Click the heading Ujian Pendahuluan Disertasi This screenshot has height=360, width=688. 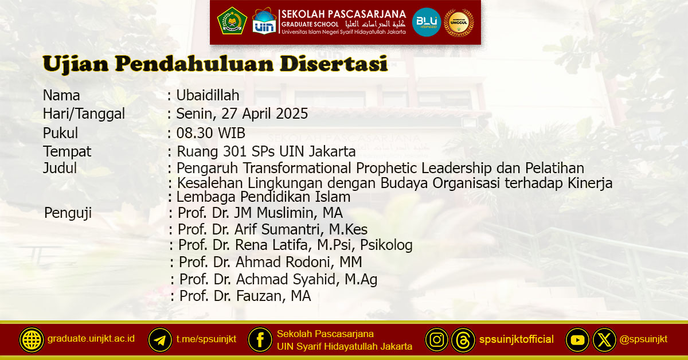point(215,64)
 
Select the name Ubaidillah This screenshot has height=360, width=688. point(208,96)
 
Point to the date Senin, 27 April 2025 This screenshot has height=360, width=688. point(242,114)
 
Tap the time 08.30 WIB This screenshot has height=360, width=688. point(210,134)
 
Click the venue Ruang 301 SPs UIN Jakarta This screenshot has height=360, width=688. point(266,152)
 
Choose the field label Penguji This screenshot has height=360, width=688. point(68,214)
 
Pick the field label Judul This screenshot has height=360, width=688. point(60,169)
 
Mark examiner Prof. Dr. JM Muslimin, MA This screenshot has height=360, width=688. point(260,213)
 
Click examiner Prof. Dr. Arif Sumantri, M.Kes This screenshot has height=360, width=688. point(272,230)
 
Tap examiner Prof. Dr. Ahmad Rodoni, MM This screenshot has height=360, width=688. point(270,263)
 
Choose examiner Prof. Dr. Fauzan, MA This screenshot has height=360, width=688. point(245,296)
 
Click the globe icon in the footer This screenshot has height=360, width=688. point(32,340)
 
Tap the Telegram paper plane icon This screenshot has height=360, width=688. point(160,340)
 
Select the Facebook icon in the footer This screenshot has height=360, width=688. point(260,340)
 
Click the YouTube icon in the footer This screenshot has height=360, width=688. point(577,340)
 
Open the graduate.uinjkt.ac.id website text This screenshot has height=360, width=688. point(91,339)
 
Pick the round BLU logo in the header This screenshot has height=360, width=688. point(427,22)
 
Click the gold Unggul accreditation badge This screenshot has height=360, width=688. point(459,22)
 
